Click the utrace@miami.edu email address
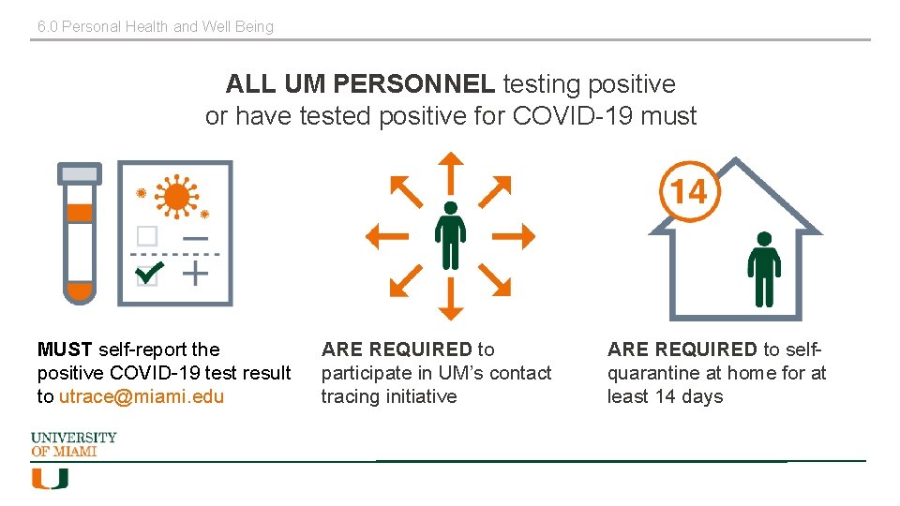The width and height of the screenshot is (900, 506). (x=142, y=396)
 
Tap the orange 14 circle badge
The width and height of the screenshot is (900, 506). (x=689, y=192)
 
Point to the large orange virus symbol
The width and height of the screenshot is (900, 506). (x=176, y=197)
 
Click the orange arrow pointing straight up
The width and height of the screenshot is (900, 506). (x=451, y=171)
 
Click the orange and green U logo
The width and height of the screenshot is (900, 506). (x=50, y=479)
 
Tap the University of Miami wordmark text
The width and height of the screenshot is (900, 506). (x=74, y=444)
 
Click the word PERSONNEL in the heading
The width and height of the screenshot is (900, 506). (x=413, y=84)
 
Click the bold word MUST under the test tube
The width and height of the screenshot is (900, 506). (x=65, y=350)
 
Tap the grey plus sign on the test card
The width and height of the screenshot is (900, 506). (x=195, y=274)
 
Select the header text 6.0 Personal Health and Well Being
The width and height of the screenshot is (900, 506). (x=156, y=26)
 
